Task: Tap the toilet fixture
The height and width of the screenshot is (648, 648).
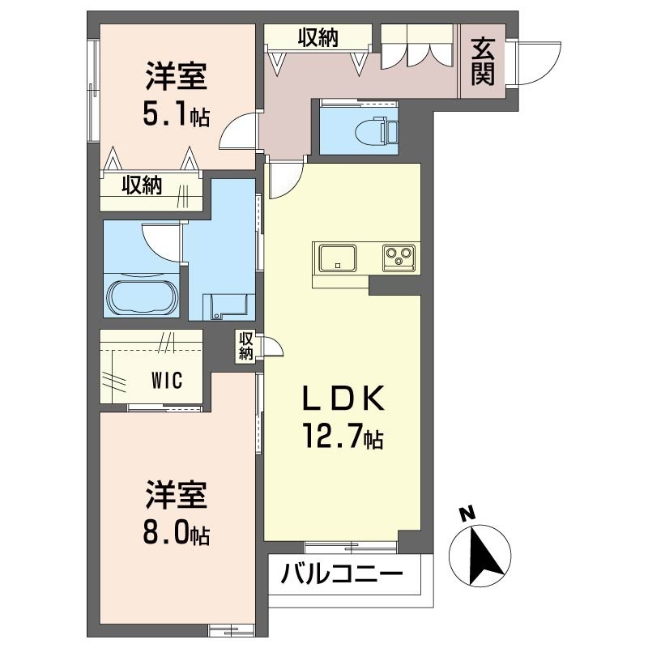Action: (377, 128)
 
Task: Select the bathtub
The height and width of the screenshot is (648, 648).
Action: (141, 296)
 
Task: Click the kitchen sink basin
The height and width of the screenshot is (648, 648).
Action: (335, 258)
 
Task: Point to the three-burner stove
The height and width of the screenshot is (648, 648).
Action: (399, 258)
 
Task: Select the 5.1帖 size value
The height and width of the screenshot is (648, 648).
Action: (177, 115)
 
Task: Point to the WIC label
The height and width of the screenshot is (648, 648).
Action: (168, 380)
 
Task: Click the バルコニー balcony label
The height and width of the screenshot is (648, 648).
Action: (343, 577)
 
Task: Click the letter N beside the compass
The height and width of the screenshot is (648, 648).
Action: (466, 513)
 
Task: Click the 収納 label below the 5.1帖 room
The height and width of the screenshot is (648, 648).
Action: (142, 185)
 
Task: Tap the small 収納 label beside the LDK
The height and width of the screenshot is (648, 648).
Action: (246, 347)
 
